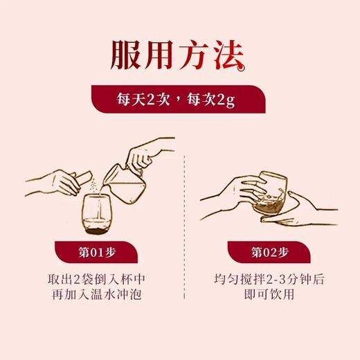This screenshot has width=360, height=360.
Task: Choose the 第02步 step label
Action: coord(270,251)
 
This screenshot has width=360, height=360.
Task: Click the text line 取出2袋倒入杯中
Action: coord(96,281)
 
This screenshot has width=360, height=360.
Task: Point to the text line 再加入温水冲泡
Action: coord(96,298)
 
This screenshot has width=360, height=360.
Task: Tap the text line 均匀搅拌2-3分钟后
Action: coord(271,281)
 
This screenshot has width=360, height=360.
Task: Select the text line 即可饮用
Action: coord(271,298)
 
